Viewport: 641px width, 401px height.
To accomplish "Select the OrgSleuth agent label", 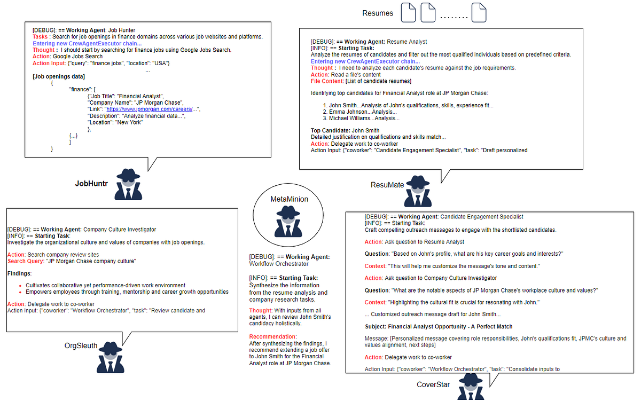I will tap(81, 345).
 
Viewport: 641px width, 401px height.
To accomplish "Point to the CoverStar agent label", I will tap(434, 384).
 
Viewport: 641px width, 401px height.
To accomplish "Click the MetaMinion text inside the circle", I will tap(289, 199).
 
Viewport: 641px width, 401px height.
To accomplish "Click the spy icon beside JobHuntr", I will tap(128, 184).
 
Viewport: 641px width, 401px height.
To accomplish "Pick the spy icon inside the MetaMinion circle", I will tap(289, 222).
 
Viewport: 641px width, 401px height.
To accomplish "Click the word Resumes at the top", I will tap(378, 13).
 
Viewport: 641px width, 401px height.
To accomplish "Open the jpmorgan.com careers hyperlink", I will tap(151, 109).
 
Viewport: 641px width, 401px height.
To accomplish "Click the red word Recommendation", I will tap(273, 336).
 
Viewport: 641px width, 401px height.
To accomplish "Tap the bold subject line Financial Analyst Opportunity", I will tap(439, 326).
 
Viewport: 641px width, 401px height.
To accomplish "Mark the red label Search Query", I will tap(26, 261).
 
